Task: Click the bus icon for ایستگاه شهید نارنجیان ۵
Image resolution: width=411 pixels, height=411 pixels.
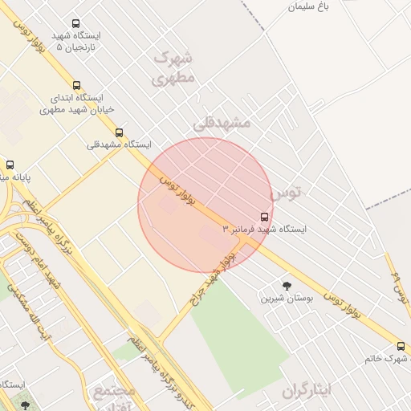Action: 76,24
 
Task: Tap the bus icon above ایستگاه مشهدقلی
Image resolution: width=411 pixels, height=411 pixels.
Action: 120,132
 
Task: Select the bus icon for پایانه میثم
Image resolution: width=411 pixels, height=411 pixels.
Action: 10,164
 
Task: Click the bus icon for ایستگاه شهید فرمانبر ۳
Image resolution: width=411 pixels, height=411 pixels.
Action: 265,217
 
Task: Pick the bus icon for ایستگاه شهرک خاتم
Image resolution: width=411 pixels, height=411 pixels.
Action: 401,346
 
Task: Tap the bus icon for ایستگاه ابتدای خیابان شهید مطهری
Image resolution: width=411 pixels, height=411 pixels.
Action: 77,85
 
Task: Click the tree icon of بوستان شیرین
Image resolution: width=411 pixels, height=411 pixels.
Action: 287,285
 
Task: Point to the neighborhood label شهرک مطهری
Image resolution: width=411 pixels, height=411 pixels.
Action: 173,68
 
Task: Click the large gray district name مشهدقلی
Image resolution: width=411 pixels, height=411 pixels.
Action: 222,123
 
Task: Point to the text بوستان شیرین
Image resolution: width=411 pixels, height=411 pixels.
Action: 278,299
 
